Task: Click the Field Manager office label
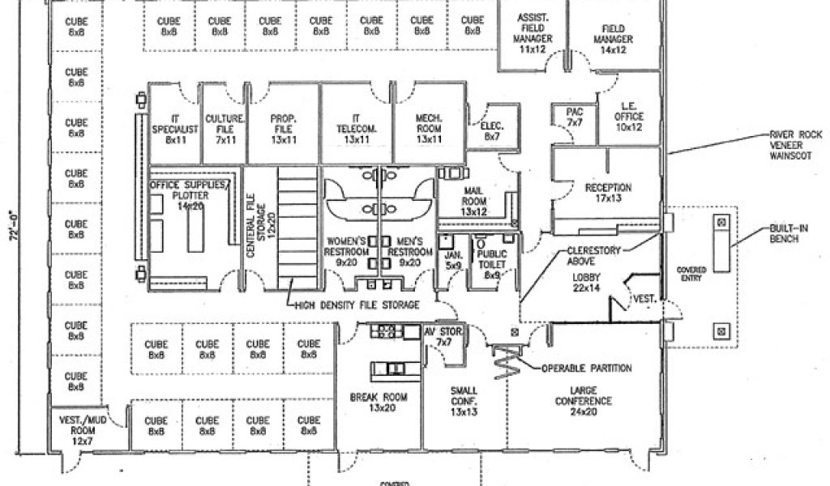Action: coord(613,39)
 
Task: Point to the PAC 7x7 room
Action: coord(575,117)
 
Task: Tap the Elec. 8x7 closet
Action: coord(493,131)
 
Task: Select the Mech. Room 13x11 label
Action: coord(428,129)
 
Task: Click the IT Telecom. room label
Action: coord(354,129)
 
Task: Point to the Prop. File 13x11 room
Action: coord(284,129)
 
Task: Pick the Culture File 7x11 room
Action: coord(225,129)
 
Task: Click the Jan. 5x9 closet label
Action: coord(452,259)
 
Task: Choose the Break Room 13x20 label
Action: coord(379,403)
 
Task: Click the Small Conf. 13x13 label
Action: coord(464,402)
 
